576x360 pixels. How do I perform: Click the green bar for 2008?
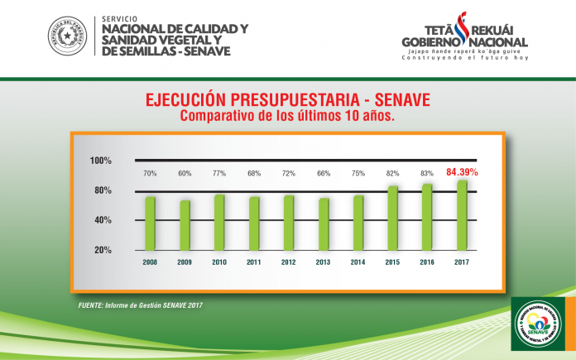[150, 223]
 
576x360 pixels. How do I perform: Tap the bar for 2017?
[462, 214]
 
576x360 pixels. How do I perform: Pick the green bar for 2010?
[219, 222]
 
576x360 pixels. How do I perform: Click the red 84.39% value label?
[463, 172]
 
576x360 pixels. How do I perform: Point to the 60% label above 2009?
[185, 174]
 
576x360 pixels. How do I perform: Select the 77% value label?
[219, 174]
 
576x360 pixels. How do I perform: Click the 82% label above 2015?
[392, 174]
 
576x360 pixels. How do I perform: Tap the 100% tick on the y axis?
[101, 161]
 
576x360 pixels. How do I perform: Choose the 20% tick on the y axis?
[103, 250]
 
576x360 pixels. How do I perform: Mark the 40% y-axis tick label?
[103, 220]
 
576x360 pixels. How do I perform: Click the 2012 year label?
[288, 262]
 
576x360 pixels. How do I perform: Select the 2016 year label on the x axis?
[427, 262]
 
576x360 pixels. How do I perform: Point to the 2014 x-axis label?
[358, 262]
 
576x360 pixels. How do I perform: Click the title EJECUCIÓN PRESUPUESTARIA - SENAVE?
[287, 100]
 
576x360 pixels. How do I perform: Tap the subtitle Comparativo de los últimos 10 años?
[287, 116]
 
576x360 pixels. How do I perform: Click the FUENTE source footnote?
[140, 305]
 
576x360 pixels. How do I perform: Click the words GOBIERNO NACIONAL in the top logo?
[463, 41]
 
